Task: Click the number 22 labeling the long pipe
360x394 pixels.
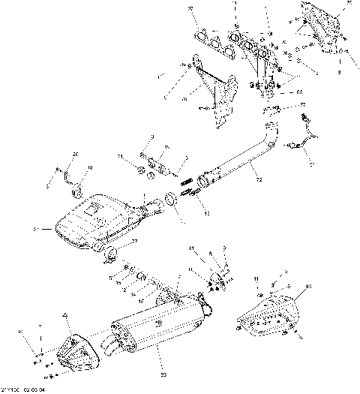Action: pos(257,180)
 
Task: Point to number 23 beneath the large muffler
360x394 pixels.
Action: pos(163,373)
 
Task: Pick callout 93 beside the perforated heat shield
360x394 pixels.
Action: pos(308,285)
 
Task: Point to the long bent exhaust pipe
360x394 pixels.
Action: pos(240,169)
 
